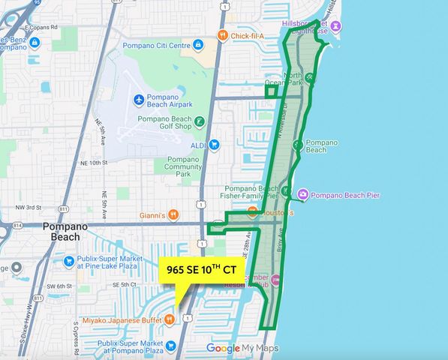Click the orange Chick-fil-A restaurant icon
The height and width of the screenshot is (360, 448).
pos(221,35)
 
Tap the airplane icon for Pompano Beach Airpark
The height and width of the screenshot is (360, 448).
pos(139,100)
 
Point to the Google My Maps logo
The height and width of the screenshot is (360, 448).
pos(242,348)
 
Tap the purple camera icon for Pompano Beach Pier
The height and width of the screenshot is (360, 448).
pos(302,195)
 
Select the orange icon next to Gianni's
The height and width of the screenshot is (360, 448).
pos(173,215)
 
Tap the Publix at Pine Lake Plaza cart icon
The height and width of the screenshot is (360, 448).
pos(69,262)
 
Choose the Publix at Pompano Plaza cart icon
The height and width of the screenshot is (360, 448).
pos(171,346)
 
